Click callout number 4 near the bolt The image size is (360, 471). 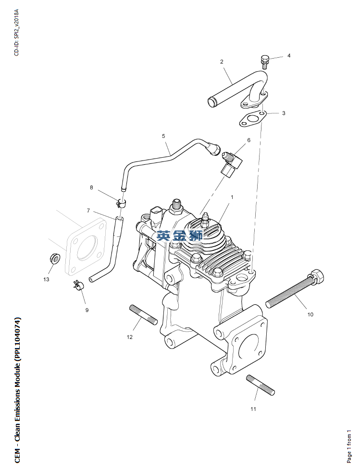tap(289, 56)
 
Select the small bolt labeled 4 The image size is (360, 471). tap(264, 61)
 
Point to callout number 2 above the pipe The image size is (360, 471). tap(222, 62)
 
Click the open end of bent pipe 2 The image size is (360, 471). tap(211, 102)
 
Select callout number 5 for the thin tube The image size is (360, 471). tap(163, 136)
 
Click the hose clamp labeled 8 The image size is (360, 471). tap(121, 203)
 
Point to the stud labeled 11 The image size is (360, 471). tap(261, 384)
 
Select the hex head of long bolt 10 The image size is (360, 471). tap(317, 277)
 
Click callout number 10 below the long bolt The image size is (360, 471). tap(310, 314)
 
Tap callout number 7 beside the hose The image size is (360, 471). tap(88, 211)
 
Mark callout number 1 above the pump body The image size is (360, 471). tap(232, 197)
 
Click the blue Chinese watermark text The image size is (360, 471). tap(180, 235)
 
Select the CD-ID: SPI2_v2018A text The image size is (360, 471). tap(16, 32)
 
